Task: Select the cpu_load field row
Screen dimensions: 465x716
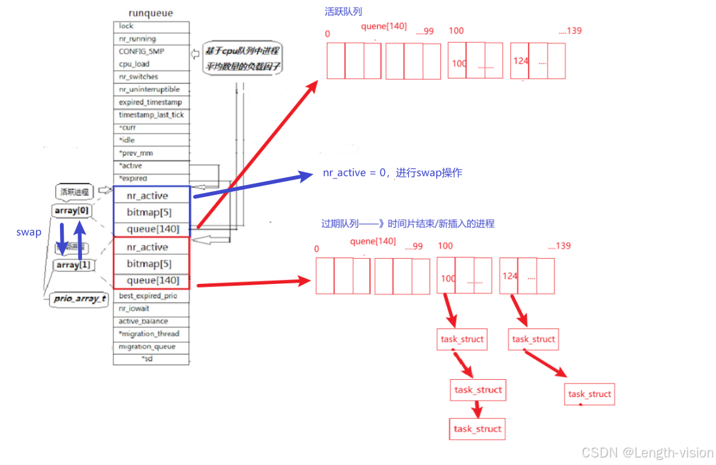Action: [151, 64]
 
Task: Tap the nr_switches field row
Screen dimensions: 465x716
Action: [151, 77]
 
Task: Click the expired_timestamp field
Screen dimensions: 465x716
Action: [151, 102]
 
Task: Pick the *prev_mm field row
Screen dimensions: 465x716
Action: [151, 153]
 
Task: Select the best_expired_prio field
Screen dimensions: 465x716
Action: [151, 296]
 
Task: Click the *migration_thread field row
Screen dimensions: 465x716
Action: [151, 334]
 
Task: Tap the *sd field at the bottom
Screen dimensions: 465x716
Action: [151, 359]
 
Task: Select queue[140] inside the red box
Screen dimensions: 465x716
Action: [153, 280]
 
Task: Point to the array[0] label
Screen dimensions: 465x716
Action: [74, 209]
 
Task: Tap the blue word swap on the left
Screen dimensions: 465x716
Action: [29, 232]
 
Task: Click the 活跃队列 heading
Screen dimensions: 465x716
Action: [343, 11]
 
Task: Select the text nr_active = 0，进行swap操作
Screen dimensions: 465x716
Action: [392, 173]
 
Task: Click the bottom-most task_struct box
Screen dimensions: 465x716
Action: [478, 429]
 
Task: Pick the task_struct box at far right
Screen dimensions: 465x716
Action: [590, 394]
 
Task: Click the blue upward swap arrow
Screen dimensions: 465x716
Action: [80, 240]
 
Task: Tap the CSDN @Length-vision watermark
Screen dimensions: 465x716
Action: [647, 452]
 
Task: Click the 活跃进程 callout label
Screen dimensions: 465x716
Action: [74, 191]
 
